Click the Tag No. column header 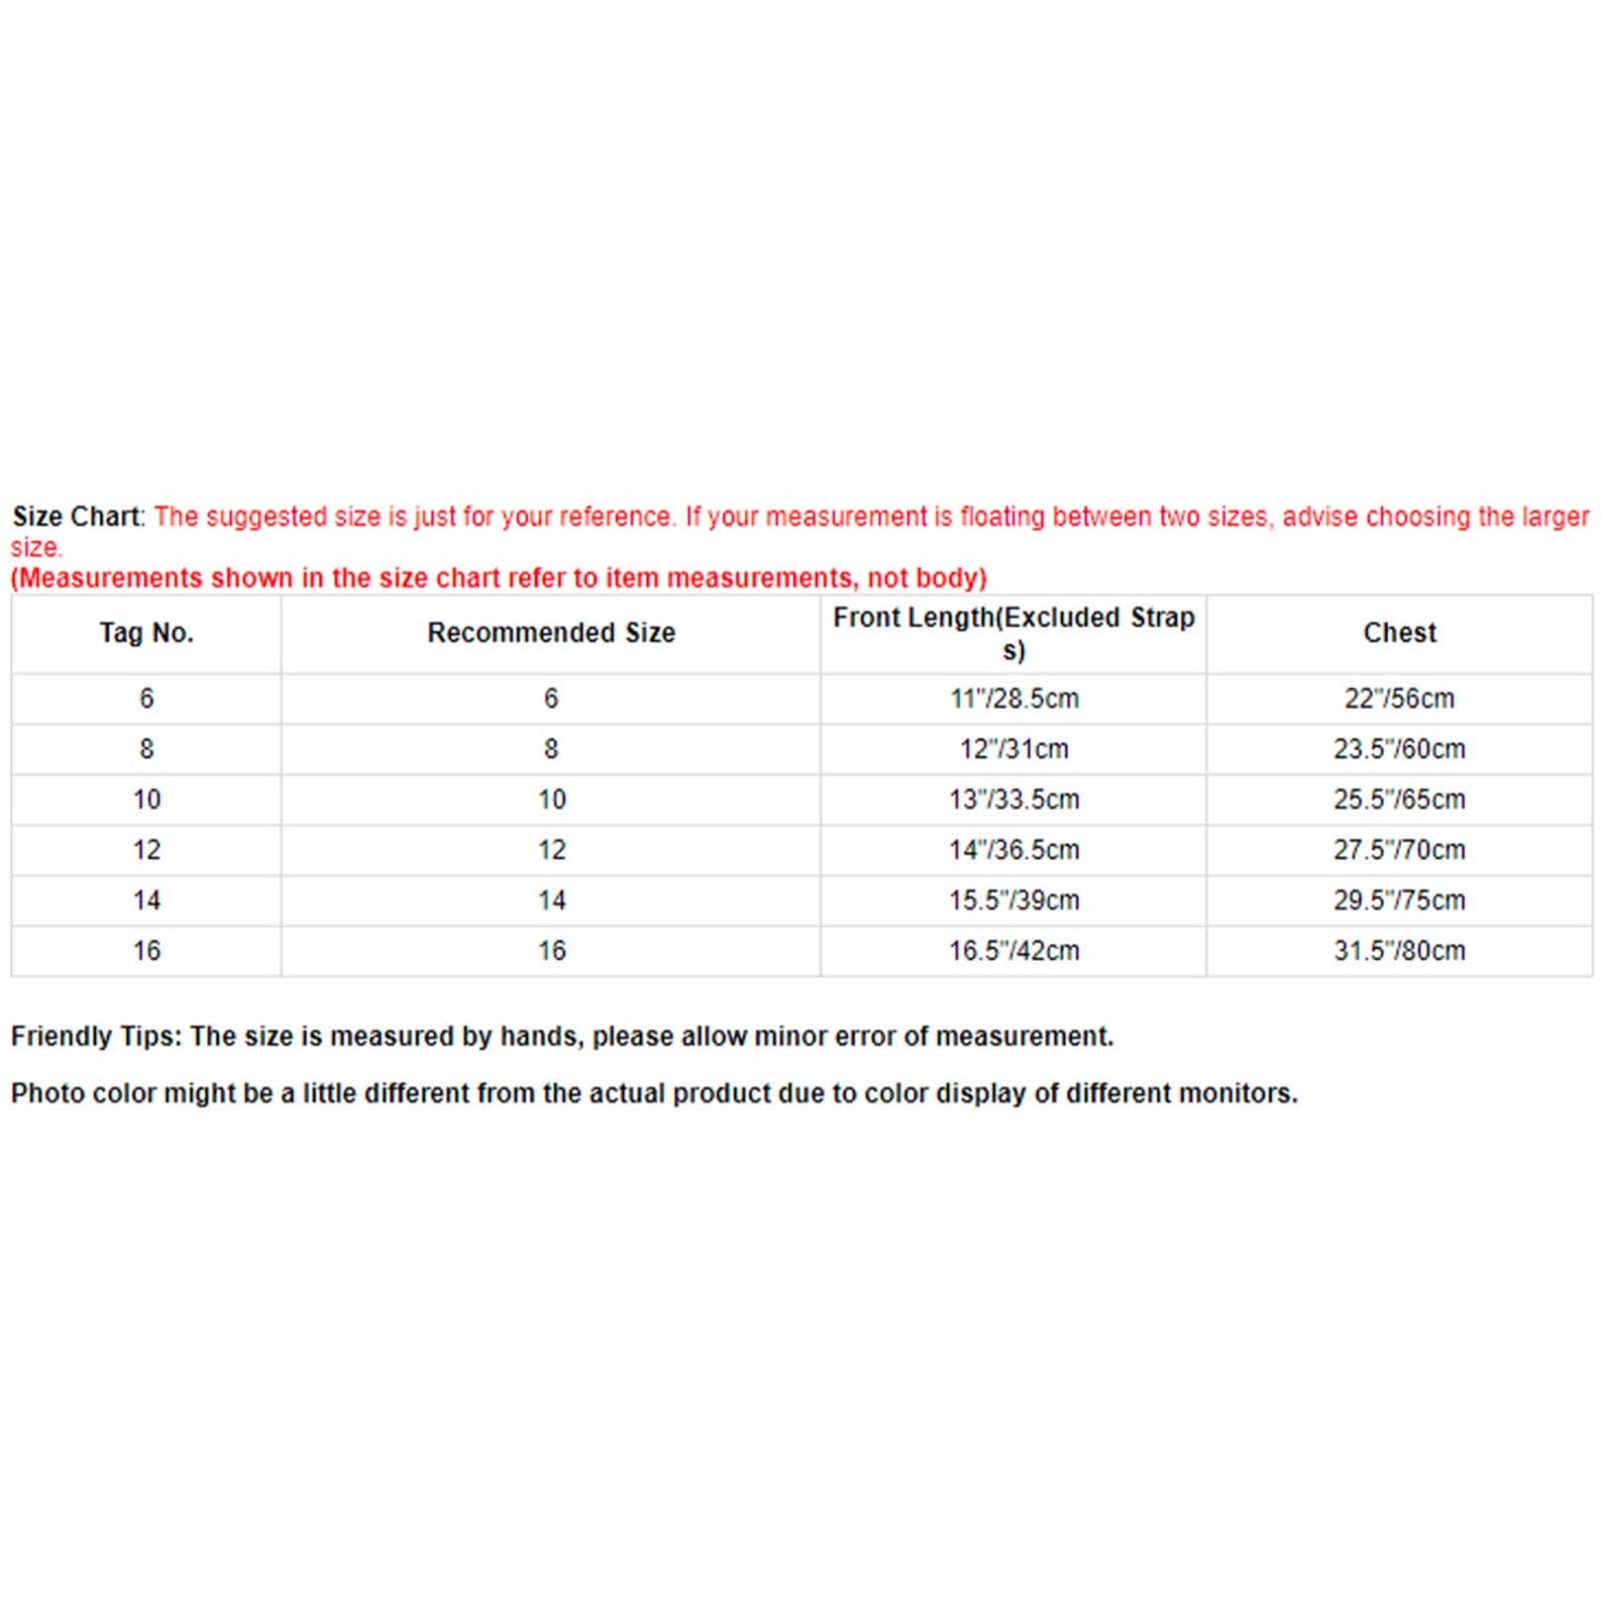(x=146, y=632)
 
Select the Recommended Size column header (x=551, y=632)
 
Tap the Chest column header (x=1399, y=632)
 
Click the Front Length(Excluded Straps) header (x=1013, y=632)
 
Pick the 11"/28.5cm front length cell (x=1013, y=699)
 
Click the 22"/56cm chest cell (x=1399, y=699)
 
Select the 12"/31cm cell (x=1013, y=749)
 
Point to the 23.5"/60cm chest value (x=1399, y=749)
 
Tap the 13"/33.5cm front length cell (x=1013, y=800)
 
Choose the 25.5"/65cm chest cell (x=1399, y=800)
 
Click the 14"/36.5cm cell (x=1013, y=851)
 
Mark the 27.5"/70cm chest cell (x=1399, y=851)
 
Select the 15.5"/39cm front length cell (x=1013, y=901)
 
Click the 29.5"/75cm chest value (x=1399, y=901)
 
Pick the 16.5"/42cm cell (x=1013, y=952)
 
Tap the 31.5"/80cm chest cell (x=1399, y=952)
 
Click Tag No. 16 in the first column (x=146, y=952)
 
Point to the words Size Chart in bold (x=77, y=516)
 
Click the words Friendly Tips (x=95, y=1037)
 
